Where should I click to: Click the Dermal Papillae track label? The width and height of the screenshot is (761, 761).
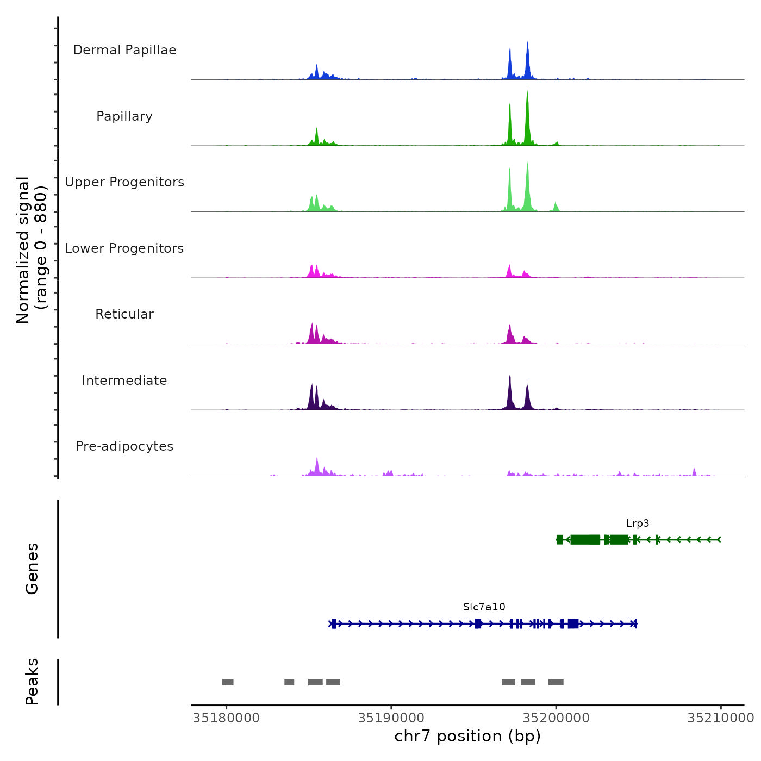124,50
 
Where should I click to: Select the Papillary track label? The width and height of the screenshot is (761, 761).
124,116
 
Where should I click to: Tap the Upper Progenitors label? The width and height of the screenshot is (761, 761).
124,182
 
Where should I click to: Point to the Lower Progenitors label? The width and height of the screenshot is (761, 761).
124,248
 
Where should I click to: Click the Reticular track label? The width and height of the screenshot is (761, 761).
124,314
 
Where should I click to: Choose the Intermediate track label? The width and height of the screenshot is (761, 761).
124,380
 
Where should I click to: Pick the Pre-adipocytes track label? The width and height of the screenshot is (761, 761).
124,446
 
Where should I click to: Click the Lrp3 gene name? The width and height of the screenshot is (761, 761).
638,523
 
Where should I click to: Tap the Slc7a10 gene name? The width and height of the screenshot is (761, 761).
484,607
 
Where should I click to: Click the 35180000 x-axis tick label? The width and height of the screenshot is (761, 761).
226,718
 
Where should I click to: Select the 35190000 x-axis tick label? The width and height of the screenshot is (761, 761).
391,718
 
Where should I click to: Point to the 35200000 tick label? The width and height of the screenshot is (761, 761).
556,718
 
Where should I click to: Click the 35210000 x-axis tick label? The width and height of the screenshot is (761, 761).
721,718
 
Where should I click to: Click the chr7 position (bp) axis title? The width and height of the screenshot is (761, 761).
467,736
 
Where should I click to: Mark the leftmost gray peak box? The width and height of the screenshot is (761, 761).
228,682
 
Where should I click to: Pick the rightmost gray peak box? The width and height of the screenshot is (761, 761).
556,682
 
